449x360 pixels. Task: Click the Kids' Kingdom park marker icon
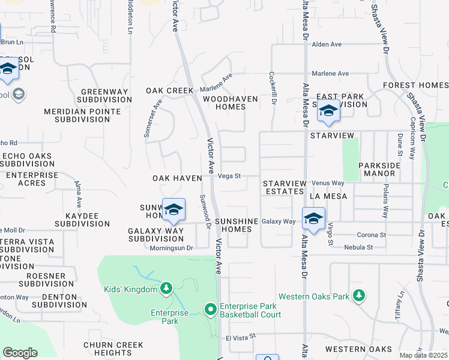166,290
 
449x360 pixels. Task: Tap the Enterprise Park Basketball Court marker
211,310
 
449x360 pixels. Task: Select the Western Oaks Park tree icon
359,296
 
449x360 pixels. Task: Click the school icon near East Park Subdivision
328,111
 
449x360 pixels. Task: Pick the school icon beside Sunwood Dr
173,209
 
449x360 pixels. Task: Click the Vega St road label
229,176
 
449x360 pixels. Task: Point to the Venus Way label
328,182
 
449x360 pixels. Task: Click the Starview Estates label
285,187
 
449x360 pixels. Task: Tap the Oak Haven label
175,179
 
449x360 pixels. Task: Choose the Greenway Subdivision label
105,96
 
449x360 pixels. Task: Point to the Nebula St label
358,247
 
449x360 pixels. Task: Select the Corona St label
370,235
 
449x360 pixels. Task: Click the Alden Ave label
327,44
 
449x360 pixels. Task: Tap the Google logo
20,353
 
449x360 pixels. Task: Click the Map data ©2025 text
424,355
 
